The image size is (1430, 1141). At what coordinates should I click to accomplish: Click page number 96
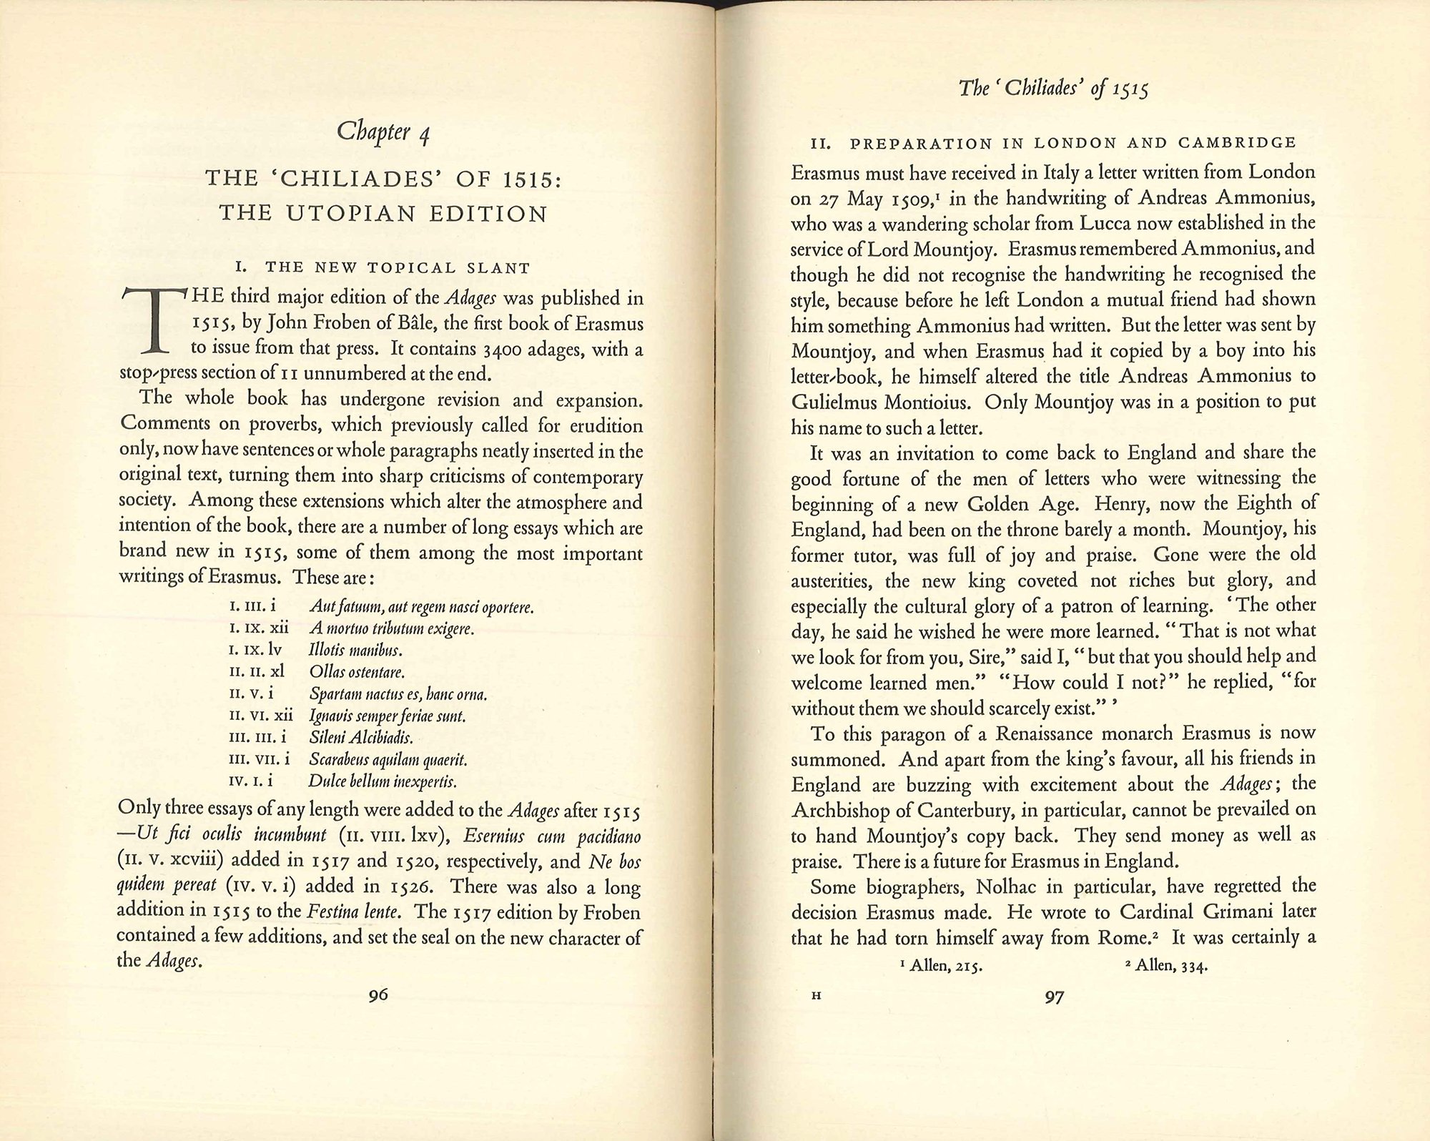[378, 994]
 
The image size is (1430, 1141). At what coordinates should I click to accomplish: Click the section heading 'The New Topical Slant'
[383, 268]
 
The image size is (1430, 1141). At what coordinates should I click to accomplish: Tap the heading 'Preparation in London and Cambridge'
[1053, 142]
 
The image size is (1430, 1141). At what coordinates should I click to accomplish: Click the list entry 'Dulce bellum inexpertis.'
[383, 781]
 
